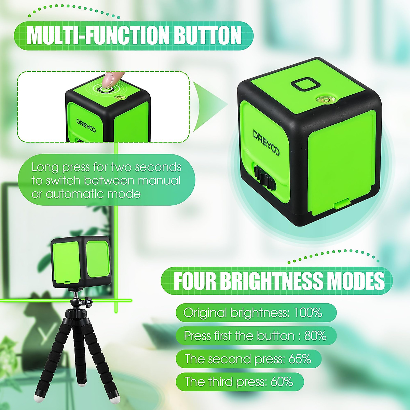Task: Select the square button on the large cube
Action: [306, 85]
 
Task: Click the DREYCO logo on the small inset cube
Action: [86, 125]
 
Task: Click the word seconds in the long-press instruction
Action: [158, 167]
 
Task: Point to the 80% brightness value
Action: [315, 336]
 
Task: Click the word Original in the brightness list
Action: [205, 313]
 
